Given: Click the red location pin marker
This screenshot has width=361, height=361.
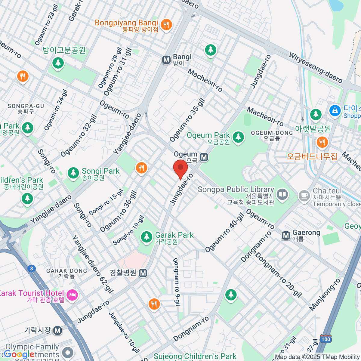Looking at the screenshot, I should [180, 168].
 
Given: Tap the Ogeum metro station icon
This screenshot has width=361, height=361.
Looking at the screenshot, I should [204, 157].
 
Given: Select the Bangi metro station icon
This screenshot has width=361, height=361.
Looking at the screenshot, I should [166, 60].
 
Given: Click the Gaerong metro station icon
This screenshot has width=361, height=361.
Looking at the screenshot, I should [286, 236].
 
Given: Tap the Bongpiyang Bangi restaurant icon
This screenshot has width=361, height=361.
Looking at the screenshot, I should [166, 24].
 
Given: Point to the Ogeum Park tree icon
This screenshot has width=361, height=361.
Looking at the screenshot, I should [238, 137].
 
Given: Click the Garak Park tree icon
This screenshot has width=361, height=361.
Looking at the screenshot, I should [147, 236].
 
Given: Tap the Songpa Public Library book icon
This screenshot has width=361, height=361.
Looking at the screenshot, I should [282, 195].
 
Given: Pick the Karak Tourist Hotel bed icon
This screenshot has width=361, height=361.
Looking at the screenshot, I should [72, 295].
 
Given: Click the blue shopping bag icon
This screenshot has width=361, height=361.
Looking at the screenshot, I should [335, 110].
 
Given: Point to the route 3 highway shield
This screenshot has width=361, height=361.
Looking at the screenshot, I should [31, 268].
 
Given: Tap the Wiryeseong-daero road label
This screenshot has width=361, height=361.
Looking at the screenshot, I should [316, 68].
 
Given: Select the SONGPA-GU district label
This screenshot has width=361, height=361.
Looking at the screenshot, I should [26, 109].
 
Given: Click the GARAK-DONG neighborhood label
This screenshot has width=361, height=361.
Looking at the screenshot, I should [66, 273].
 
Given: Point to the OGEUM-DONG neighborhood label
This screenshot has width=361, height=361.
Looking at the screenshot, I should [272, 135].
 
